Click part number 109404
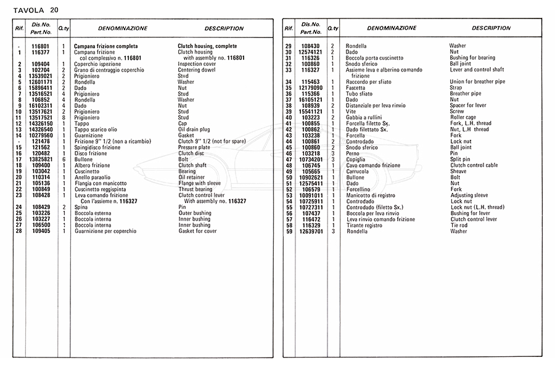(41, 64)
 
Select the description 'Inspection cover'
(197, 64)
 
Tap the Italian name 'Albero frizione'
(92, 165)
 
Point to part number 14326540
(41, 129)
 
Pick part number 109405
(41, 231)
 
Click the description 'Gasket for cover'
(197, 231)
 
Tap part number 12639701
(311, 231)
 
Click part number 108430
(311, 46)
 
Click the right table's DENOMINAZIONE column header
(392, 28)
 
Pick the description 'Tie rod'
(460, 225)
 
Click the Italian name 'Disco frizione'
(91, 153)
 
